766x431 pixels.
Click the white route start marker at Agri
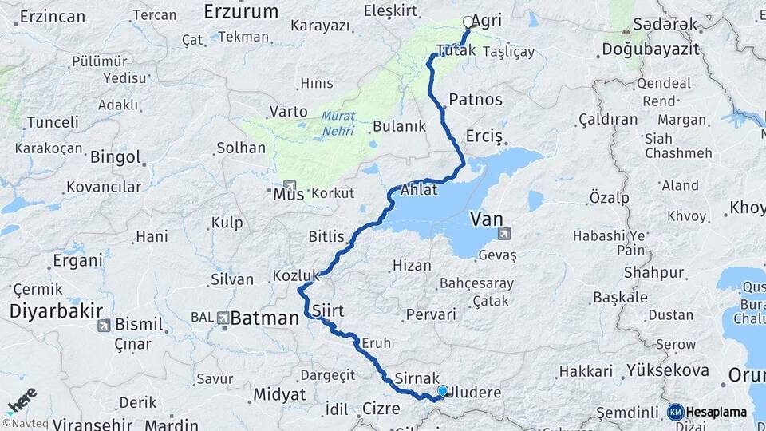468,22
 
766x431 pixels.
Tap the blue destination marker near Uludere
443,391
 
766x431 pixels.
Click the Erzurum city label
241,11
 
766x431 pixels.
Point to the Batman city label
264,318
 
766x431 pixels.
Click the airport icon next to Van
504,234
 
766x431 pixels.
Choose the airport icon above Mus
289,184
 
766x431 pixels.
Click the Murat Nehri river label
338,122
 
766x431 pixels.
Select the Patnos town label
476,100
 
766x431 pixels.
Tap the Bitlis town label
326,237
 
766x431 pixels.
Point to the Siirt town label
328,310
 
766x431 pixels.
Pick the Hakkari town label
586,371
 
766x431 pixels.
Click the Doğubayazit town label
650,49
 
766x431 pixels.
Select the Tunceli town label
53,123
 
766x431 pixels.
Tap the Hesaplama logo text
716,412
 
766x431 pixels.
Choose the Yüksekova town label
668,370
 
